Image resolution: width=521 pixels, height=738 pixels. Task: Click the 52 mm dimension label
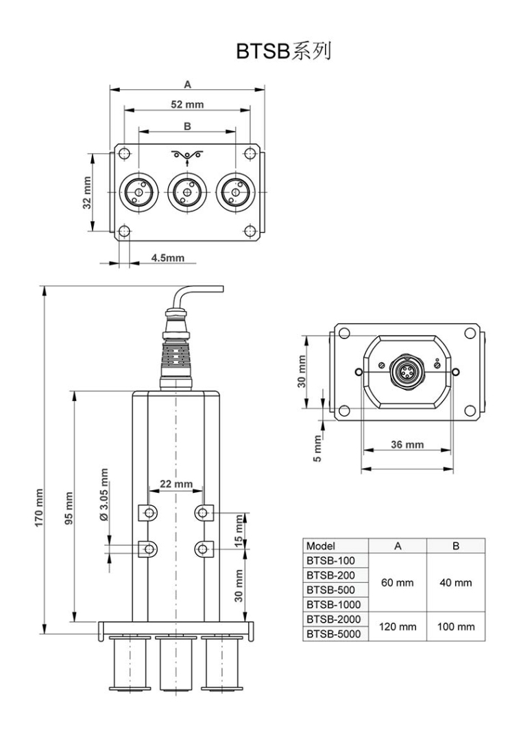[x=186, y=104]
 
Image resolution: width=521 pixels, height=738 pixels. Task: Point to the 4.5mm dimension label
[x=167, y=257]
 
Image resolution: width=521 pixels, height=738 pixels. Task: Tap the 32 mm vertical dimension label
[x=87, y=194]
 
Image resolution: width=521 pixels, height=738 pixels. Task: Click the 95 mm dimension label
[x=69, y=509]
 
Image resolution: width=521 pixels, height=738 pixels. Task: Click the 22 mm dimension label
[x=176, y=483]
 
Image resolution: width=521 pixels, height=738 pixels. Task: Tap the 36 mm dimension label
[x=407, y=444]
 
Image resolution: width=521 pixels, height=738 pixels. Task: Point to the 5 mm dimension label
[x=317, y=448]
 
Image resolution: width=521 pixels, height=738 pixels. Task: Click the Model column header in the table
[x=321, y=546]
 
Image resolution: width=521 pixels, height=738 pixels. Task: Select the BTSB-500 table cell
[x=327, y=590]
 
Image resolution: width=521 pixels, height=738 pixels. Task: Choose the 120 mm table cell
[x=398, y=626]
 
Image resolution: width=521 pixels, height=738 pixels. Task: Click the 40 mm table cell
[x=455, y=583]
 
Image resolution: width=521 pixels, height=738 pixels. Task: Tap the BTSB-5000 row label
[x=330, y=634]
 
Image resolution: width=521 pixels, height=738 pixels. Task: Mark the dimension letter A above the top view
[x=187, y=84]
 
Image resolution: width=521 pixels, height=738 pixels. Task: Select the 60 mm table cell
[x=398, y=583]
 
